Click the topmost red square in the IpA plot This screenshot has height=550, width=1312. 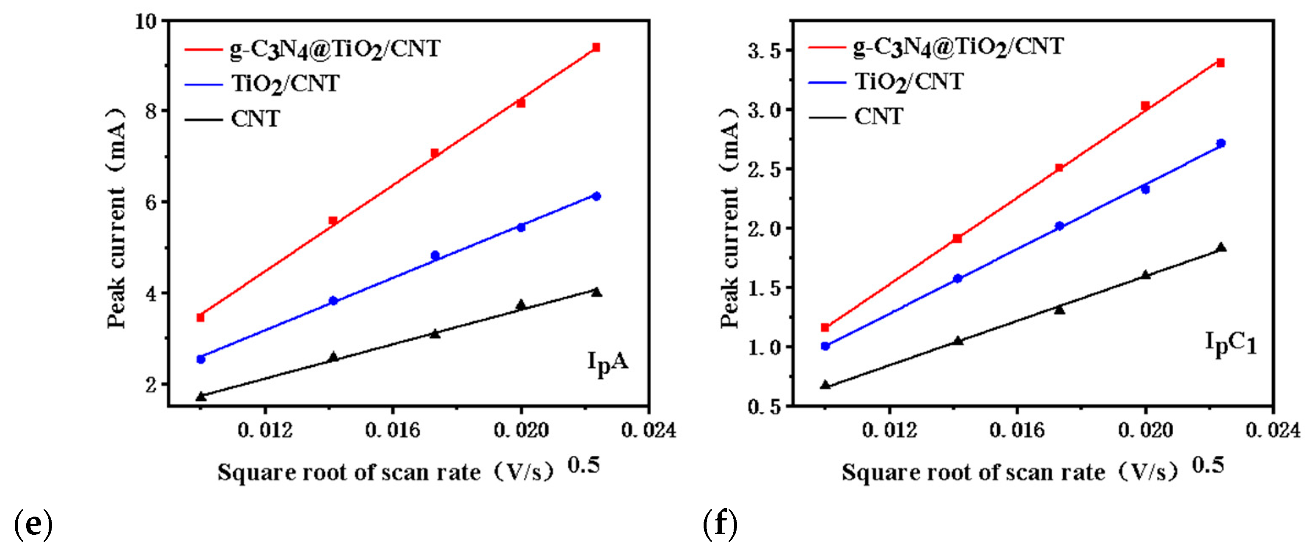pos(596,47)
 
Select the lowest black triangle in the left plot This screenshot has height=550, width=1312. pos(201,396)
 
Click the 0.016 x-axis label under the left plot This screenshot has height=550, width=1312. pos(392,431)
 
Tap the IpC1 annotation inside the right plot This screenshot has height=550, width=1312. pos(1230,345)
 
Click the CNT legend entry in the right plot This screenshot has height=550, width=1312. pos(879,117)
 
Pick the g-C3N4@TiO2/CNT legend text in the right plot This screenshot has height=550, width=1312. pos(959,47)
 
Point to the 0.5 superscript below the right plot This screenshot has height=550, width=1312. pos(1207,465)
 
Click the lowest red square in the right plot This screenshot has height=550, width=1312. pos(825,327)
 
